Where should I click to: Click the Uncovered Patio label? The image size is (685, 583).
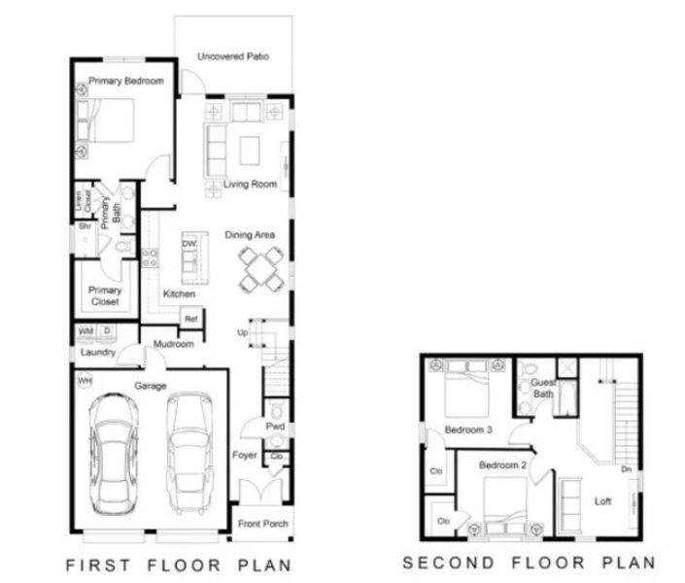coord(233,57)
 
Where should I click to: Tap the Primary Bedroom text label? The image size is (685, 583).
coord(125,82)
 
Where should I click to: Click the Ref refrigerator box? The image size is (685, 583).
coord(191,318)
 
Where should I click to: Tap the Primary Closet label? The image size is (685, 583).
coord(104,295)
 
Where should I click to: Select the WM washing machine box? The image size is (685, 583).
coord(86,332)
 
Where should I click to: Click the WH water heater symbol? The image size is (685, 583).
coord(85,380)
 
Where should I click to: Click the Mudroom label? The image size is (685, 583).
coord(175,344)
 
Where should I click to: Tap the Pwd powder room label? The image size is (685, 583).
coord(276,426)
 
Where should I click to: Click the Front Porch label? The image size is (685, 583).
coord(262,524)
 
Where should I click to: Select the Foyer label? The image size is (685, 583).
coord(244,455)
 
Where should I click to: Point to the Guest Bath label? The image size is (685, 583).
coord(543,389)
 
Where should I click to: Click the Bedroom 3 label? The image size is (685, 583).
coord(469,429)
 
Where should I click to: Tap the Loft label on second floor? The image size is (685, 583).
coord(603,501)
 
